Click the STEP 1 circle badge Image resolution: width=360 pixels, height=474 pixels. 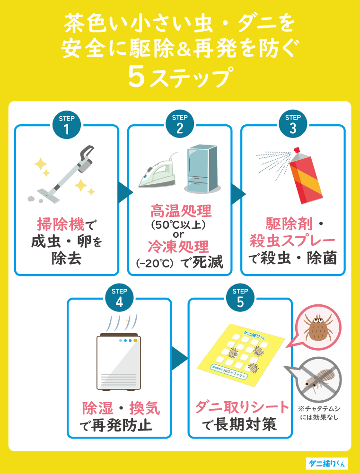[x=66, y=125]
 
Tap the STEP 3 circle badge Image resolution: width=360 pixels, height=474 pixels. [x=293, y=125]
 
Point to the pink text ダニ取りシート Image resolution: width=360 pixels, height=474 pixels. [x=242, y=407]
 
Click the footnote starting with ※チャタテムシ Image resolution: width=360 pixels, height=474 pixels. [x=319, y=413]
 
